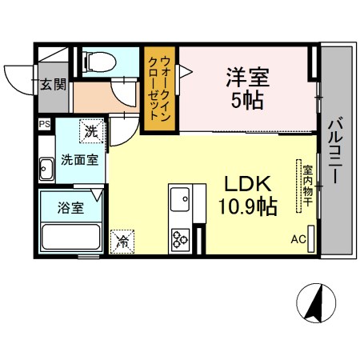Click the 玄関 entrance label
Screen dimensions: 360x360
[x=53, y=85]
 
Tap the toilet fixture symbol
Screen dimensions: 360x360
[x=99, y=62]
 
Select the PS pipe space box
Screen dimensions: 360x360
[x=44, y=124]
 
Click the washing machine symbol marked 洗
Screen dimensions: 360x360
[x=91, y=131]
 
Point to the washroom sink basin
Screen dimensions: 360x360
[x=46, y=169]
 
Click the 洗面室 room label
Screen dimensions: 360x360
[x=79, y=160]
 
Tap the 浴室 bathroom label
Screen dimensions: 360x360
[x=70, y=208]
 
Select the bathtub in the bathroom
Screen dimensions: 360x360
[x=71, y=237]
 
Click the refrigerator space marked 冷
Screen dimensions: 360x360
[x=122, y=242]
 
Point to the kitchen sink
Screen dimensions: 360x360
[x=180, y=199]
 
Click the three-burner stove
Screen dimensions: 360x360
[x=180, y=240]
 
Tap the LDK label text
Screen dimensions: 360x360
[x=248, y=184]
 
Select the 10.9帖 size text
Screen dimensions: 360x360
[x=248, y=207]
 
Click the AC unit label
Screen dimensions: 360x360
[x=298, y=239]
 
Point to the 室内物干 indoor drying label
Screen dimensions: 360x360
[x=307, y=186]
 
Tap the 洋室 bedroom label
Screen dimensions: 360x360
[x=248, y=78]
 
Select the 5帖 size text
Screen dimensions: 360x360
[x=247, y=101]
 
